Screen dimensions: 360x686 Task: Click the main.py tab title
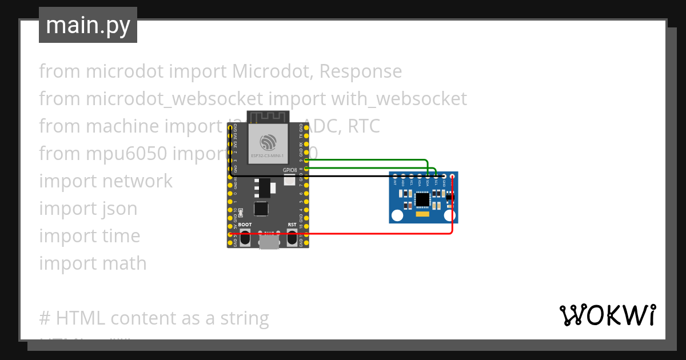(87, 25)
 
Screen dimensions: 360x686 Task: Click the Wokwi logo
(607, 315)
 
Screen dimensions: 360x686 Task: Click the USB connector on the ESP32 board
(268, 241)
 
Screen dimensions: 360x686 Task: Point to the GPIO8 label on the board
(290, 170)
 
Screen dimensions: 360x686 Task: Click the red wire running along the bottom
(343, 234)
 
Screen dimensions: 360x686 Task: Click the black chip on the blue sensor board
(422, 199)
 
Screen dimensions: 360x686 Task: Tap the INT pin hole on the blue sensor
(394, 176)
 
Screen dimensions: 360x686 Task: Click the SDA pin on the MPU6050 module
(428, 176)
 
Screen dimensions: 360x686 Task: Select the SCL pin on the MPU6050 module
(436, 176)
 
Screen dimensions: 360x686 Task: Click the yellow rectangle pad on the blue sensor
(422, 215)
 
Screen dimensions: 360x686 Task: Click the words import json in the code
(88, 209)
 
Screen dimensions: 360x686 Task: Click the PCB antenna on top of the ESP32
(268, 117)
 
